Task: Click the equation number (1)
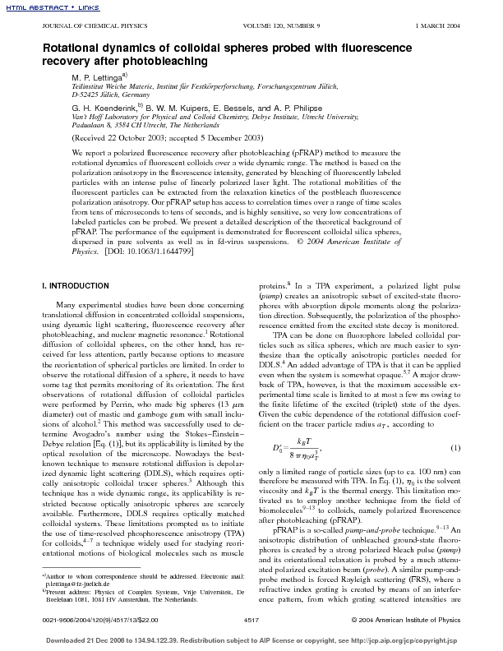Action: pos(455,447)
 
